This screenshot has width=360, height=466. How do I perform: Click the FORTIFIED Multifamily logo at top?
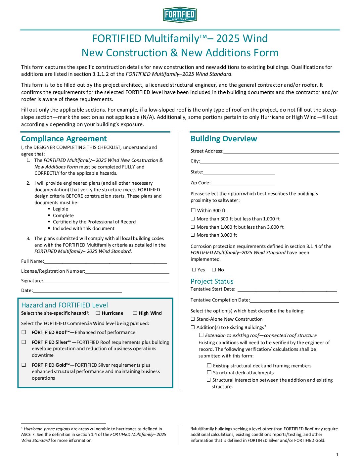tap(180, 15)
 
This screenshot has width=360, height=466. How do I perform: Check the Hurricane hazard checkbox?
tap(98, 313)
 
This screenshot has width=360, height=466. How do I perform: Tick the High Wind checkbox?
tap(135, 313)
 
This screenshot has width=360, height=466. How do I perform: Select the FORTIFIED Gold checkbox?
tap(24, 365)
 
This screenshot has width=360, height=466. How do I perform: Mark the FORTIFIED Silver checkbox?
tap(24, 342)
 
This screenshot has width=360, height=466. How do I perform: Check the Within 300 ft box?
tap(193, 210)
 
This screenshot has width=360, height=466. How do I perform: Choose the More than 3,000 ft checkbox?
tap(193, 235)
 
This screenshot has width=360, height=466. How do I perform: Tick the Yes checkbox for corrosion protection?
tap(194, 270)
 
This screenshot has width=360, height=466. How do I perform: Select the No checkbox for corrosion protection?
tap(214, 270)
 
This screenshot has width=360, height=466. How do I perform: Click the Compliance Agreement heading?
tap(64, 139)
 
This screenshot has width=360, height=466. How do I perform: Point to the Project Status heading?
tap(212, 281)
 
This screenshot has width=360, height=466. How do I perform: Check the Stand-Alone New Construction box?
tap(193, 319)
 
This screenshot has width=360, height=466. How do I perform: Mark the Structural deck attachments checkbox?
tap(209, 373)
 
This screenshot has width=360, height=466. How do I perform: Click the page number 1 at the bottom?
tap(337, 454)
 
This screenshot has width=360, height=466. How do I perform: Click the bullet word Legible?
tap(61, 209)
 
